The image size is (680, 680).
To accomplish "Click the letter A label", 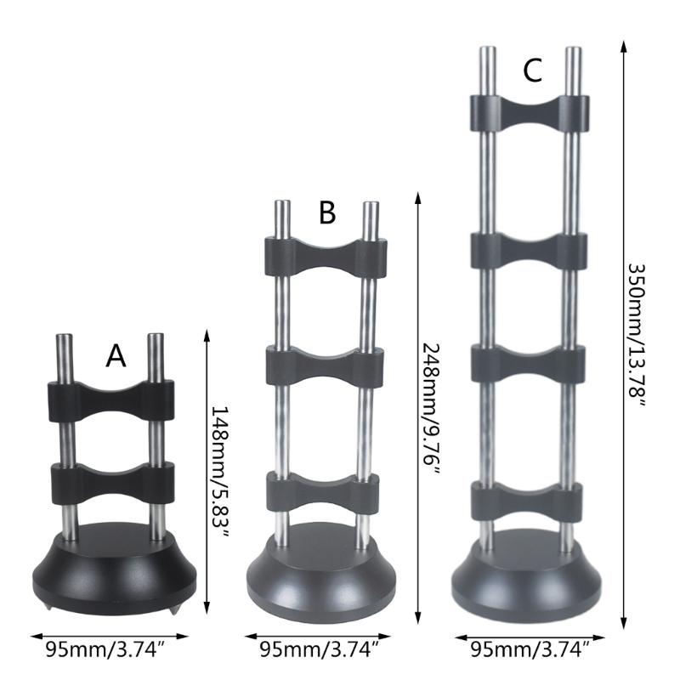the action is coord(116,355).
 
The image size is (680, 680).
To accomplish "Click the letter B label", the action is coord(327,212).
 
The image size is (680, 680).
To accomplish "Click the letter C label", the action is coord(532,71).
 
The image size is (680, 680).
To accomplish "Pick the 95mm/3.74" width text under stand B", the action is coord(320,649).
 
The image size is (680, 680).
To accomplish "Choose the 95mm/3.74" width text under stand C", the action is coord(530,649).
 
